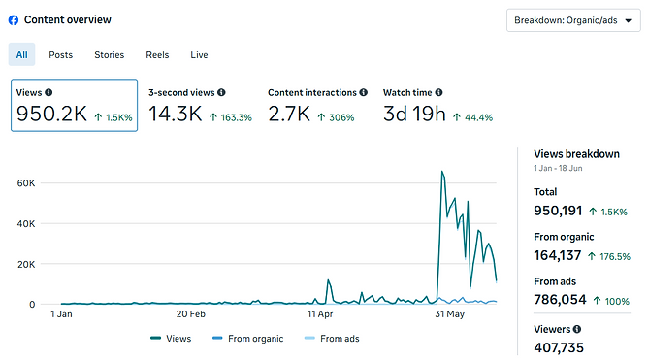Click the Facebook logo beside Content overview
pos(14,20)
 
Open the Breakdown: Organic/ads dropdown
pos(573,20)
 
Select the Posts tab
pos(61,55)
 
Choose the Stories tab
pos(109,55)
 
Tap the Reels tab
pos(157,55)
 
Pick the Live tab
pos(199,55)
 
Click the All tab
pos(22,54)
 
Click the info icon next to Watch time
pos(438,92)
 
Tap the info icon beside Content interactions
pos(363,92)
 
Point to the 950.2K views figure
pos(51,114)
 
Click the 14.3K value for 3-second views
pos(176,114)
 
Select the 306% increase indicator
pos(336,117)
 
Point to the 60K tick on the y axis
pos(26,183)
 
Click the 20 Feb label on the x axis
pos(191,314)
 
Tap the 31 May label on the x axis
pos(450,314)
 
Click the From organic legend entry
pos(248,339)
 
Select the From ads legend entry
pos(332,339)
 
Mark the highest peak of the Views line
pos(442,171)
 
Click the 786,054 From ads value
pos(560,299)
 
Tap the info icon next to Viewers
pos(577,329)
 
